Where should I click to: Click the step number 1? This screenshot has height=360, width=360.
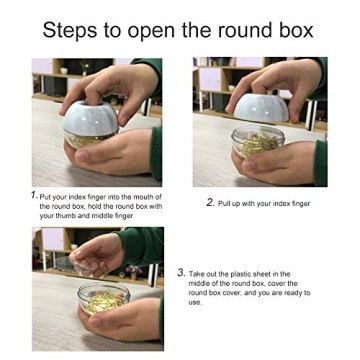(34, 194)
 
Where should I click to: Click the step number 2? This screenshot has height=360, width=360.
(210, 202)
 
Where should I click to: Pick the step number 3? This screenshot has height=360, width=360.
(181, 271)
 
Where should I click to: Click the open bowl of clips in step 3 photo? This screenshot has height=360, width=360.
(103, 299)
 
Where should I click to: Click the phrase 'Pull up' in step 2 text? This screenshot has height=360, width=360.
(229, 203)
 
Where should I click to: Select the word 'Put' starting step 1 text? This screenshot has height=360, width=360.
(47, 196)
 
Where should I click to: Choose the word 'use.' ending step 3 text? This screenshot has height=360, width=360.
(194, 302)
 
